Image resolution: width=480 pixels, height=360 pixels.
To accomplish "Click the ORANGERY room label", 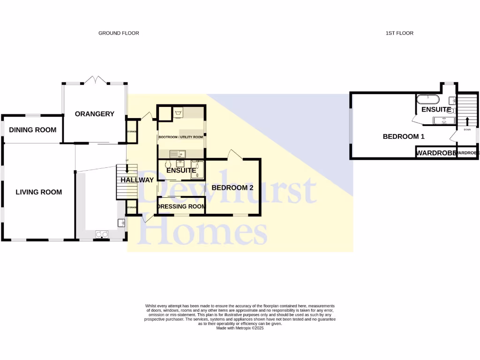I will pos(95,114).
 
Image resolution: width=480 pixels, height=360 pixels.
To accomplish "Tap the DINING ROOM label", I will pos(33,130).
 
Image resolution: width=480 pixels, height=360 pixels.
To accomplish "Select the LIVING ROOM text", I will pos(39,192).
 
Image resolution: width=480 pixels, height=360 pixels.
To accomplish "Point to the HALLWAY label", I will pos(137,180).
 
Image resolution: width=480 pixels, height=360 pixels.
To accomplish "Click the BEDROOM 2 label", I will pos(232,187).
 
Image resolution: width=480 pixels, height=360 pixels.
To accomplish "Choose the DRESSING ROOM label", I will pos(181,206).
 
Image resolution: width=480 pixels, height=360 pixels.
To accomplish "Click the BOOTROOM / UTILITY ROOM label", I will pos(180,137).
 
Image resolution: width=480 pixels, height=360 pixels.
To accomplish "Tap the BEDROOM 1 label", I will pos(404,137).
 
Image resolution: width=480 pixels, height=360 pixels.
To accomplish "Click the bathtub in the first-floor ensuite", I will pos(427,99).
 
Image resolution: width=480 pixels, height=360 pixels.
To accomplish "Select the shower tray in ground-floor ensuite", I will pos(198,170).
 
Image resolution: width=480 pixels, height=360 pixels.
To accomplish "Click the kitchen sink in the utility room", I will pos(178,153).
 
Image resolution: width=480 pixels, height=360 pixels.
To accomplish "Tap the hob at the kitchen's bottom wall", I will pos(102,234).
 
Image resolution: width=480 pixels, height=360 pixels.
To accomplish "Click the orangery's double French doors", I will pos(97,80).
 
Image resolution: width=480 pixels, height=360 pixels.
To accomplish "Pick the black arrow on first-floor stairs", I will pos(467,120).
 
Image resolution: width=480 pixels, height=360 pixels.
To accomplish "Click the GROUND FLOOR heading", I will pos(119,33).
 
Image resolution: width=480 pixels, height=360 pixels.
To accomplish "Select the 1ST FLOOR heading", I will pos(399,33).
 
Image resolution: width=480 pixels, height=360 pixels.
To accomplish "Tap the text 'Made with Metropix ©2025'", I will pos(240,329).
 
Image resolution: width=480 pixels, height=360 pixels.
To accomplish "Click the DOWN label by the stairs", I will pos(467,129).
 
